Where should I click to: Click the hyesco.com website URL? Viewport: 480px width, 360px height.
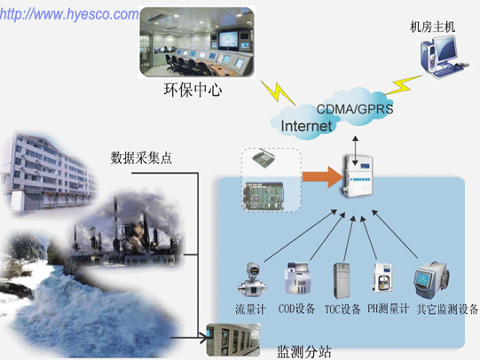point(69,15)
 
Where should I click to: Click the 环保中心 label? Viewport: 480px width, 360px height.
point(193,90)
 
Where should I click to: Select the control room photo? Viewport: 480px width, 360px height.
point(197,42)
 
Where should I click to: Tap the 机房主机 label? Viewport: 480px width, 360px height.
point(432,27)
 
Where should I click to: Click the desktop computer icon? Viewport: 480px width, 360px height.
point(444,57)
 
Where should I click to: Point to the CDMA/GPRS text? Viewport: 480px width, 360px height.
point(355,109)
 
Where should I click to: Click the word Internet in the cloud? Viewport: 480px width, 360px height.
point(306,126)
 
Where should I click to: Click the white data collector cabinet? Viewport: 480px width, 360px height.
point(358,176)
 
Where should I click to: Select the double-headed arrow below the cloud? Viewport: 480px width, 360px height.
point(355,151)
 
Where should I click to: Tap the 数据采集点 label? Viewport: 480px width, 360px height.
point(141,158)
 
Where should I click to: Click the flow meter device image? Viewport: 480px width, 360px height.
point(253,279)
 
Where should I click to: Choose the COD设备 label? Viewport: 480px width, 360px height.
point(296,309)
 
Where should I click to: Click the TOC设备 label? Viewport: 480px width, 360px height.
point(342,309)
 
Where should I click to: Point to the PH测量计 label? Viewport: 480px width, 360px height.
point(388,309)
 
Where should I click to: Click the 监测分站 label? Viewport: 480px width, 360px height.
point(304,352)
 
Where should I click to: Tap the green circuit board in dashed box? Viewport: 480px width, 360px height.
point(264,196)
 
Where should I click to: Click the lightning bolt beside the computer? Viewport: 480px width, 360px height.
point(403,85)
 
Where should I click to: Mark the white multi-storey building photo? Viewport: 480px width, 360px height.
point(49,173)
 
